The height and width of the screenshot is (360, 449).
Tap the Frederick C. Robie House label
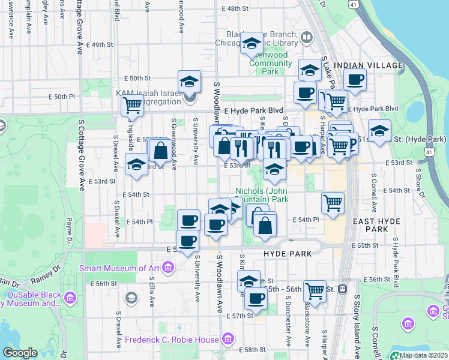tap(172, 340)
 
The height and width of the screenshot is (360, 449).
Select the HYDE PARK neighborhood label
tap(288, 254)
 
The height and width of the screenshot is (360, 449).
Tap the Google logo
tap(20, 353)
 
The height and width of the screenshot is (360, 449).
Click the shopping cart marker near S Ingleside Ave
tap(131, 106)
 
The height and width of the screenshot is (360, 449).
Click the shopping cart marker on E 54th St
tap(333, 202)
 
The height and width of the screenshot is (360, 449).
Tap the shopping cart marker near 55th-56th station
tap(315, 291)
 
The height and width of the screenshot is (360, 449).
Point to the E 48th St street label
tap(234, 9)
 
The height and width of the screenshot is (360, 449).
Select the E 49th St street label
tap(99, 45)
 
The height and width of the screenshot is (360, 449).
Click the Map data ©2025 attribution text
tap(423, 355)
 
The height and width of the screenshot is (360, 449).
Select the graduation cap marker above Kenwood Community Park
tap(252, 43)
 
